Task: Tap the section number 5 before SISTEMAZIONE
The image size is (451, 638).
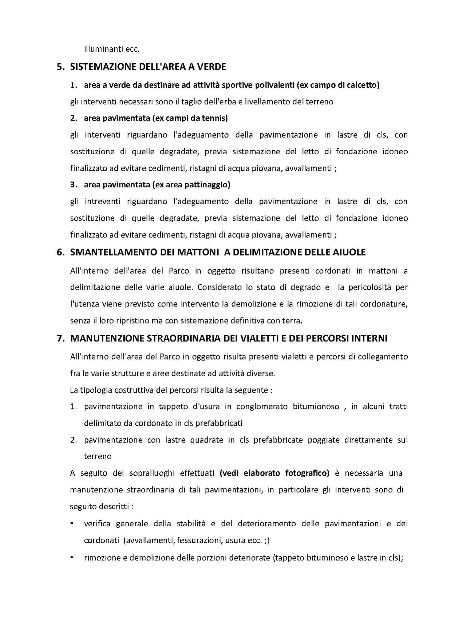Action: (60, 67)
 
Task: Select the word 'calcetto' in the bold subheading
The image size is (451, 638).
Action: (363, 85)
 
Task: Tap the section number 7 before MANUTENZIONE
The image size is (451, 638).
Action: (60, 338)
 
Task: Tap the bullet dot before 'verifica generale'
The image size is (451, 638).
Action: (72, 524)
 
